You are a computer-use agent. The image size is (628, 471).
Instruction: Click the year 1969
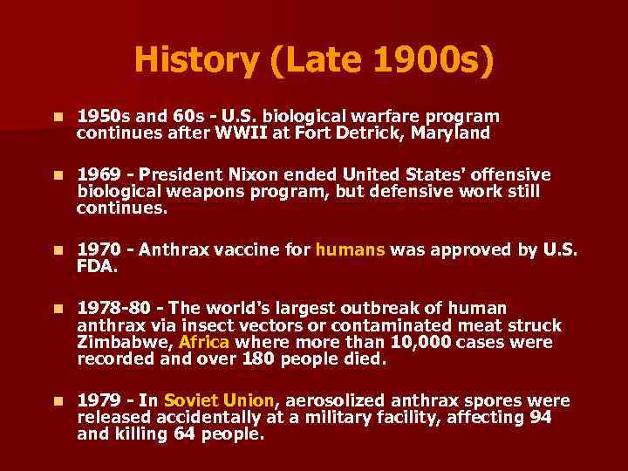(x=99, y=174)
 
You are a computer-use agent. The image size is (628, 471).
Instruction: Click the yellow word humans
(x=350, y=249)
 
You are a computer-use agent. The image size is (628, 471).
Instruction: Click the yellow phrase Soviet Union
(x=219, y=400)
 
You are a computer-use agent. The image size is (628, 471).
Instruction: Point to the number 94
(x=541, y=417)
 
